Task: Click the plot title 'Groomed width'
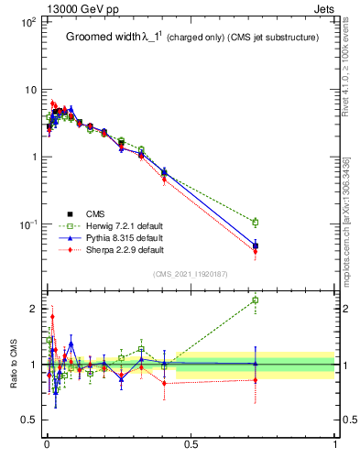tap(104, 38)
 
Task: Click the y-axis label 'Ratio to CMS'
tap(13, 363)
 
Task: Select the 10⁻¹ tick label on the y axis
tap(27, 224)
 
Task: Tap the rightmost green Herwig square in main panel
tap(256, 222)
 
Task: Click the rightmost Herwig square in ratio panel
tap(256, 300)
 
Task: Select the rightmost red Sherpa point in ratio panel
tap(256, 379)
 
